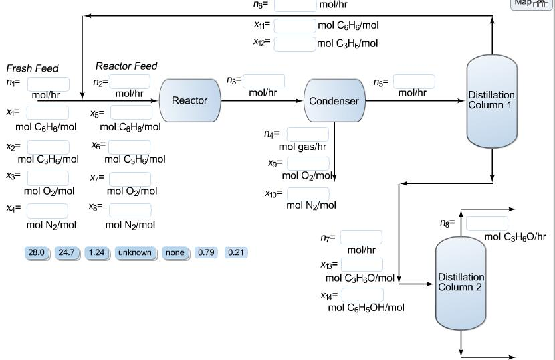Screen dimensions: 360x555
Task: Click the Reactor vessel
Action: [x=190, y=100]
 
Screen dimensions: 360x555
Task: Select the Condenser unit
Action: [x=334, y=101]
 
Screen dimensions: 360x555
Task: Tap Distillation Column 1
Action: [x=491, y=101]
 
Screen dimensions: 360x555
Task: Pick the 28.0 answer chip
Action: [x=35, y=252]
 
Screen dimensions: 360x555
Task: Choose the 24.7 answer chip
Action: [x=66, y=252]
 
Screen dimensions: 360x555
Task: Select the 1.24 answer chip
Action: [x=96, y=252]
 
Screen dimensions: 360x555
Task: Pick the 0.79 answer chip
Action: [x=207, y=252]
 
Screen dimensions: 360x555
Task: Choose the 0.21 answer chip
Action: [x=236, y=252]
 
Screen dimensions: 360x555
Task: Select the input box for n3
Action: [x=263, y=81]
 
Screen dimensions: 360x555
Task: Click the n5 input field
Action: [x=413, y=81]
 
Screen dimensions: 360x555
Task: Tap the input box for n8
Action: [x=486, y=223]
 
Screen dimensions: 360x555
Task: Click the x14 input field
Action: [x=362, y=294]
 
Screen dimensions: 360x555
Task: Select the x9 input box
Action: [x=308, y=163]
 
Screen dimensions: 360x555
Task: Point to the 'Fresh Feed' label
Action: [x=32, y=68]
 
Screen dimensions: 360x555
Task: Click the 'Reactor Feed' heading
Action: [x=126, y=66]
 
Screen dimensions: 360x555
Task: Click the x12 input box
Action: [x=294, y=44]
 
